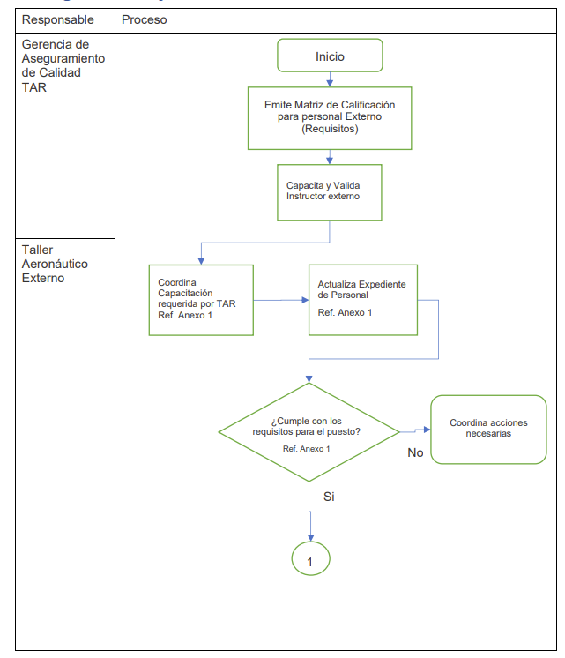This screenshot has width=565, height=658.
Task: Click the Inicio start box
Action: (330, 56)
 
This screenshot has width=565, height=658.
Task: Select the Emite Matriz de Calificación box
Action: (330, 117)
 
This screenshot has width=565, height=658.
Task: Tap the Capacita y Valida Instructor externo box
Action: (330, 191)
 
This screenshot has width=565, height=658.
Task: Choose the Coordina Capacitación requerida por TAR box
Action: (201, 300)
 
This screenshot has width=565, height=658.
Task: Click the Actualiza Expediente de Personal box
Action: (362, 300)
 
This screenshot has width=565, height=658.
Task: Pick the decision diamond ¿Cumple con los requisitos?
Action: (309, 432)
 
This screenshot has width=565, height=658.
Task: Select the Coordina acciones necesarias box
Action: (487, 430)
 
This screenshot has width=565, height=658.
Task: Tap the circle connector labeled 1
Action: (310, 559)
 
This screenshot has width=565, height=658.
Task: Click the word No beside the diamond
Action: (416, 452)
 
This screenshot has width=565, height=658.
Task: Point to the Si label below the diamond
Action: (329, 497)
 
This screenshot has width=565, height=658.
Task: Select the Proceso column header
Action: (144, 19)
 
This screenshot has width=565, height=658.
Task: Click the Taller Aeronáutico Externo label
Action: (55, 264)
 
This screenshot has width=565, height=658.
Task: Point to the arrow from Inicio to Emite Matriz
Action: (330, 79)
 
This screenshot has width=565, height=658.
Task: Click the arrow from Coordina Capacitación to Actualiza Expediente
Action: (280, 300)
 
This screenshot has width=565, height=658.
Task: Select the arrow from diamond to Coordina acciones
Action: (414, 430)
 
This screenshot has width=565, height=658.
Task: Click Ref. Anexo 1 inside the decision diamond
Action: (306, 449)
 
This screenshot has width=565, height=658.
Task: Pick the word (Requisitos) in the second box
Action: (330, 129)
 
